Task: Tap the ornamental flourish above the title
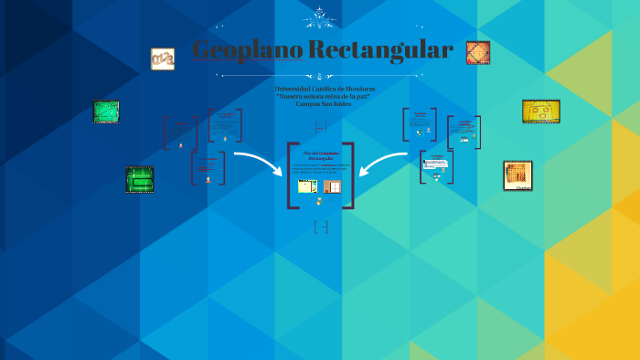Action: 319,16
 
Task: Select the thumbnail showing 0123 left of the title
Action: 163,59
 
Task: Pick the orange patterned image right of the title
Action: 477,53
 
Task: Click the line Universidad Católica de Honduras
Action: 319,89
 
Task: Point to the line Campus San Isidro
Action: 319,104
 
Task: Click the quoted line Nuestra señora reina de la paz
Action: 319,96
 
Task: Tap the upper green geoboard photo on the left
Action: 106,111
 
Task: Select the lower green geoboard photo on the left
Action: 139,179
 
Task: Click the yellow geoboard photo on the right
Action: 541,111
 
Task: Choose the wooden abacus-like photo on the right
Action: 517,175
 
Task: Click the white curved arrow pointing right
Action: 259,164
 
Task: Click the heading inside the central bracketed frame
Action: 320,154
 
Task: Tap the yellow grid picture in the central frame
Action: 307,186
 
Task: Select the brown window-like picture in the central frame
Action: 332,186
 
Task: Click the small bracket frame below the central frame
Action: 320,227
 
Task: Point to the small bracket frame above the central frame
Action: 320,126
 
